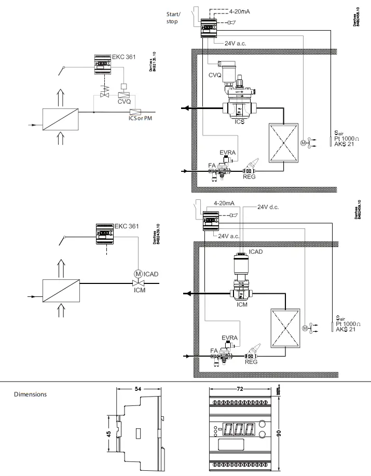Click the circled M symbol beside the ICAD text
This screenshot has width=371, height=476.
[x=138, y=274]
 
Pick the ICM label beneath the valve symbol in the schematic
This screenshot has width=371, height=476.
[x=139, y=293]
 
